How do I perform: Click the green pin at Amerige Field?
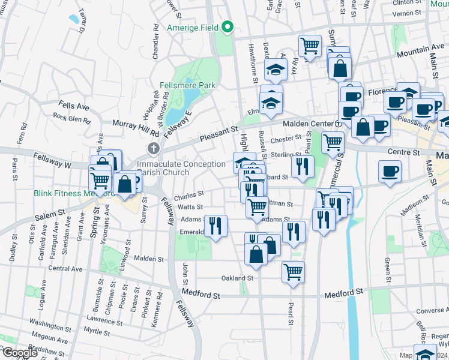pos(228,27)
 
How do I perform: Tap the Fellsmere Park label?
pos(187,86)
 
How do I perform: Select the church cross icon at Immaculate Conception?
pos(154,148)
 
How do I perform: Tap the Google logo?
pos(19,353)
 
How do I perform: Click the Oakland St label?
pos(238,278)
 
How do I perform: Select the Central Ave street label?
pos(65,269)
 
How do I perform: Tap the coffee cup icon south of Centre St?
pos(390,171)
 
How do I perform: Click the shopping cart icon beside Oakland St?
pos(293,271)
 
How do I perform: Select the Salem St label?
pos(53,214)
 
